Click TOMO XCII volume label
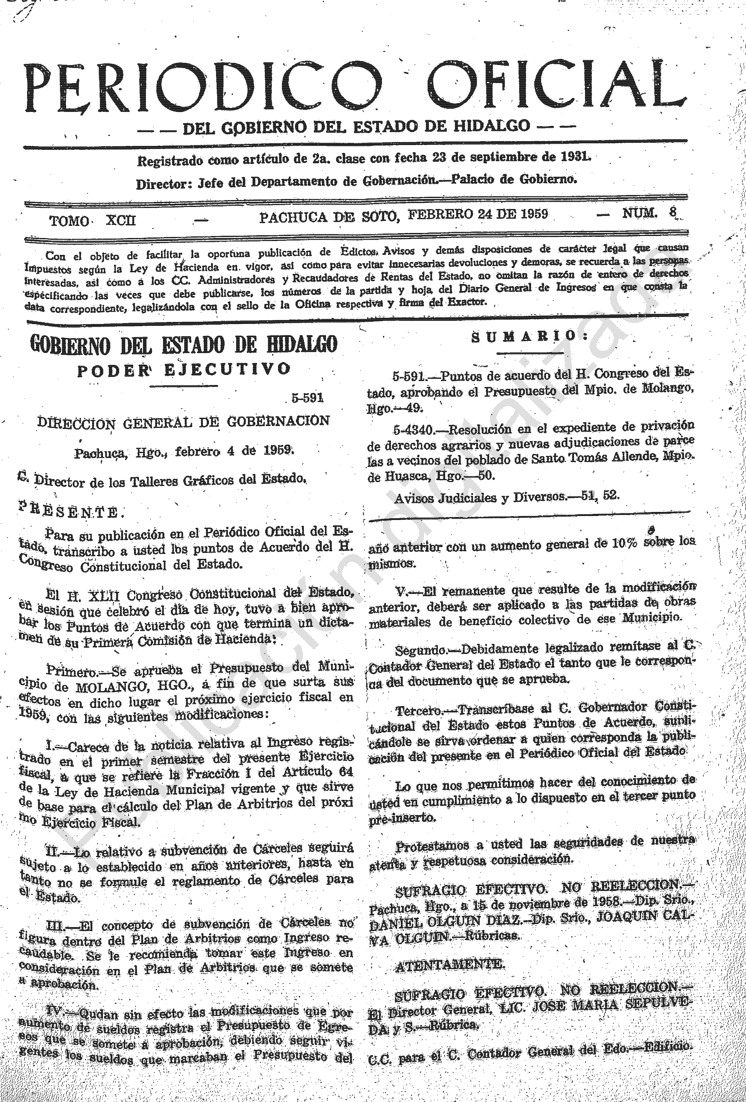click(92, 221)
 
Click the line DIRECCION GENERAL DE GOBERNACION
click(184, 421)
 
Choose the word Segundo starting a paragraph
click(420, 648)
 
